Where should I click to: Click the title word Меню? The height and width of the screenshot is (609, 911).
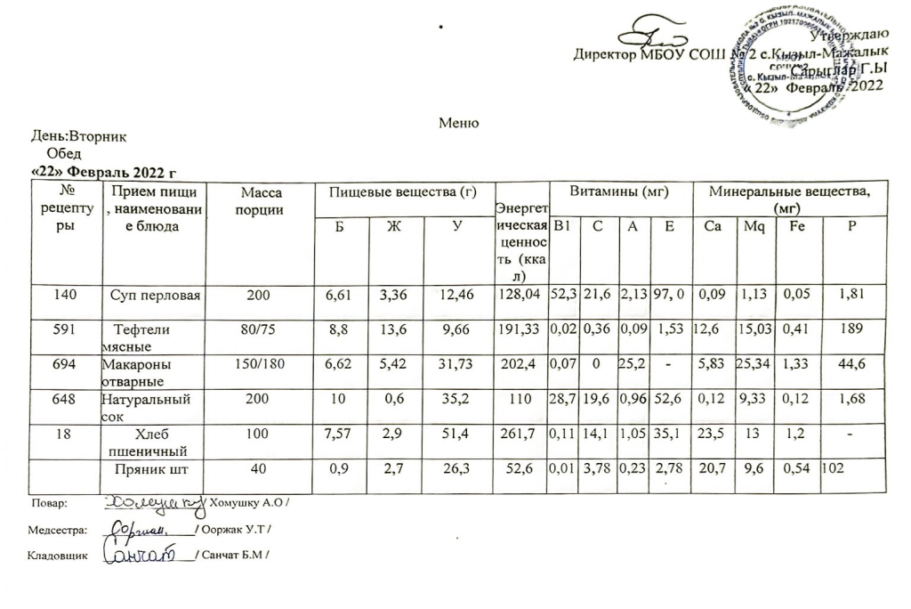[459, 123]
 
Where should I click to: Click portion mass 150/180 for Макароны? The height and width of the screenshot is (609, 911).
[263, 365]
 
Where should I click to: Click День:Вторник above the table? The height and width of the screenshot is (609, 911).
[79, 138]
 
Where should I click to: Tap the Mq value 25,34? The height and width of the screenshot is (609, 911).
[754, 365]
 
